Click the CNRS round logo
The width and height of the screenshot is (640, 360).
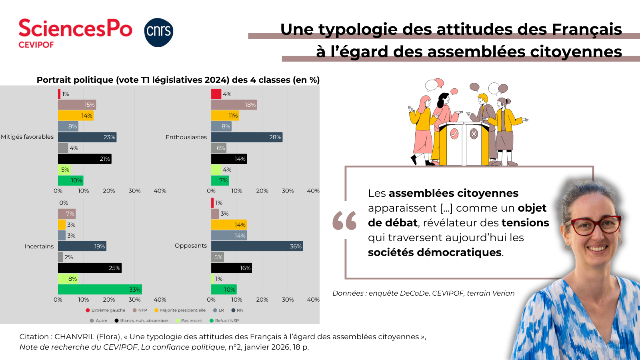159,32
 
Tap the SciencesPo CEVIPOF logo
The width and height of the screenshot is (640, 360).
75,33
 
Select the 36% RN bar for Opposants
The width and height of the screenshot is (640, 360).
257,246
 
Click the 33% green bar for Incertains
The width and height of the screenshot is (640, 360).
100,290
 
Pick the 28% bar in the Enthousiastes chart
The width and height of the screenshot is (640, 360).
247,137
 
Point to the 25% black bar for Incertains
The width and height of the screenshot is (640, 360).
90,268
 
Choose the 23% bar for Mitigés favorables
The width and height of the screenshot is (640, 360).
87,137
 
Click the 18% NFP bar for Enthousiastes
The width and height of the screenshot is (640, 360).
234,105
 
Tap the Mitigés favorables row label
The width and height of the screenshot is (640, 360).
27,137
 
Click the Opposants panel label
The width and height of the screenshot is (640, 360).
191,246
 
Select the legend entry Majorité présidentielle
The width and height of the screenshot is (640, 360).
182,310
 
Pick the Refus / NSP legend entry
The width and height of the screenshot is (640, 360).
227,321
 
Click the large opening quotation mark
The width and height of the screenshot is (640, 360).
344,220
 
